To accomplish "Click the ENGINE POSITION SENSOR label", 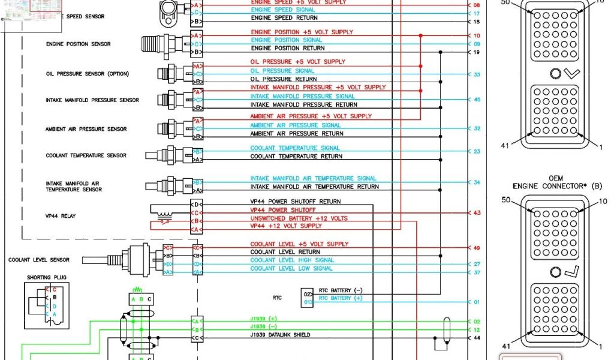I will [x=78, y=44].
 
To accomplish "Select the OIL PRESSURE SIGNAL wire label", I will [x=282, y=71].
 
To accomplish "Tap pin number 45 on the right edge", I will [x=477, y=100].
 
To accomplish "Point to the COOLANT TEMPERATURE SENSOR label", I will [x=86, y=155].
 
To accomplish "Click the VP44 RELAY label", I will [x=61, y=215].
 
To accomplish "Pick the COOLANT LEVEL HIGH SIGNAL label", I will [x=292, y=260].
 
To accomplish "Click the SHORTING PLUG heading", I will [x=47, y=278].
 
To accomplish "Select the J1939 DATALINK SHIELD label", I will [x=281, y=335].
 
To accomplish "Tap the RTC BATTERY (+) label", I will [x=341, y=298].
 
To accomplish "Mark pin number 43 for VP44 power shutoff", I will [x=477, y=213].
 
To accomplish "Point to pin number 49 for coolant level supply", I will [x=477, y=248].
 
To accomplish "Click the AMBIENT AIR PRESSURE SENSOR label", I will [x=86, y=129].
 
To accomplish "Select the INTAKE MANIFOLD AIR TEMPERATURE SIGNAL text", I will [x=314, y=178].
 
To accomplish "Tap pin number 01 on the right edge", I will [x=477, y=302].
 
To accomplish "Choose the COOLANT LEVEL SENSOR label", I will [x=39, y=260].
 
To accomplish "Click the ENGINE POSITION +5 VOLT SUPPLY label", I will [x=302, y=32].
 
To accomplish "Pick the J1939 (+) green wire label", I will [x=264, y=319].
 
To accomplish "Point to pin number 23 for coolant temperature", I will [x=477, y=152].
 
